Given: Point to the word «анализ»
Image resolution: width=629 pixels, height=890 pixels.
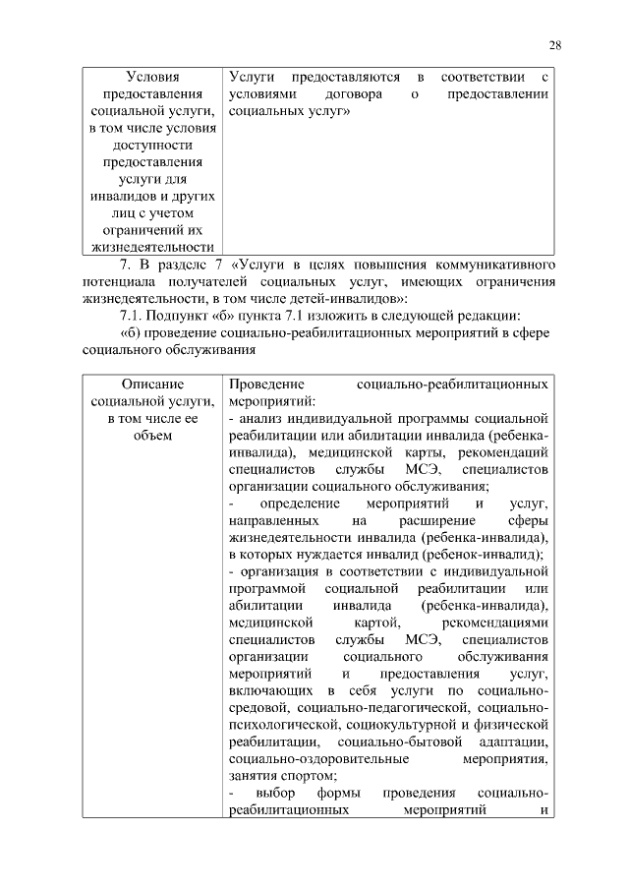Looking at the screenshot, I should tap(259, 418).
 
